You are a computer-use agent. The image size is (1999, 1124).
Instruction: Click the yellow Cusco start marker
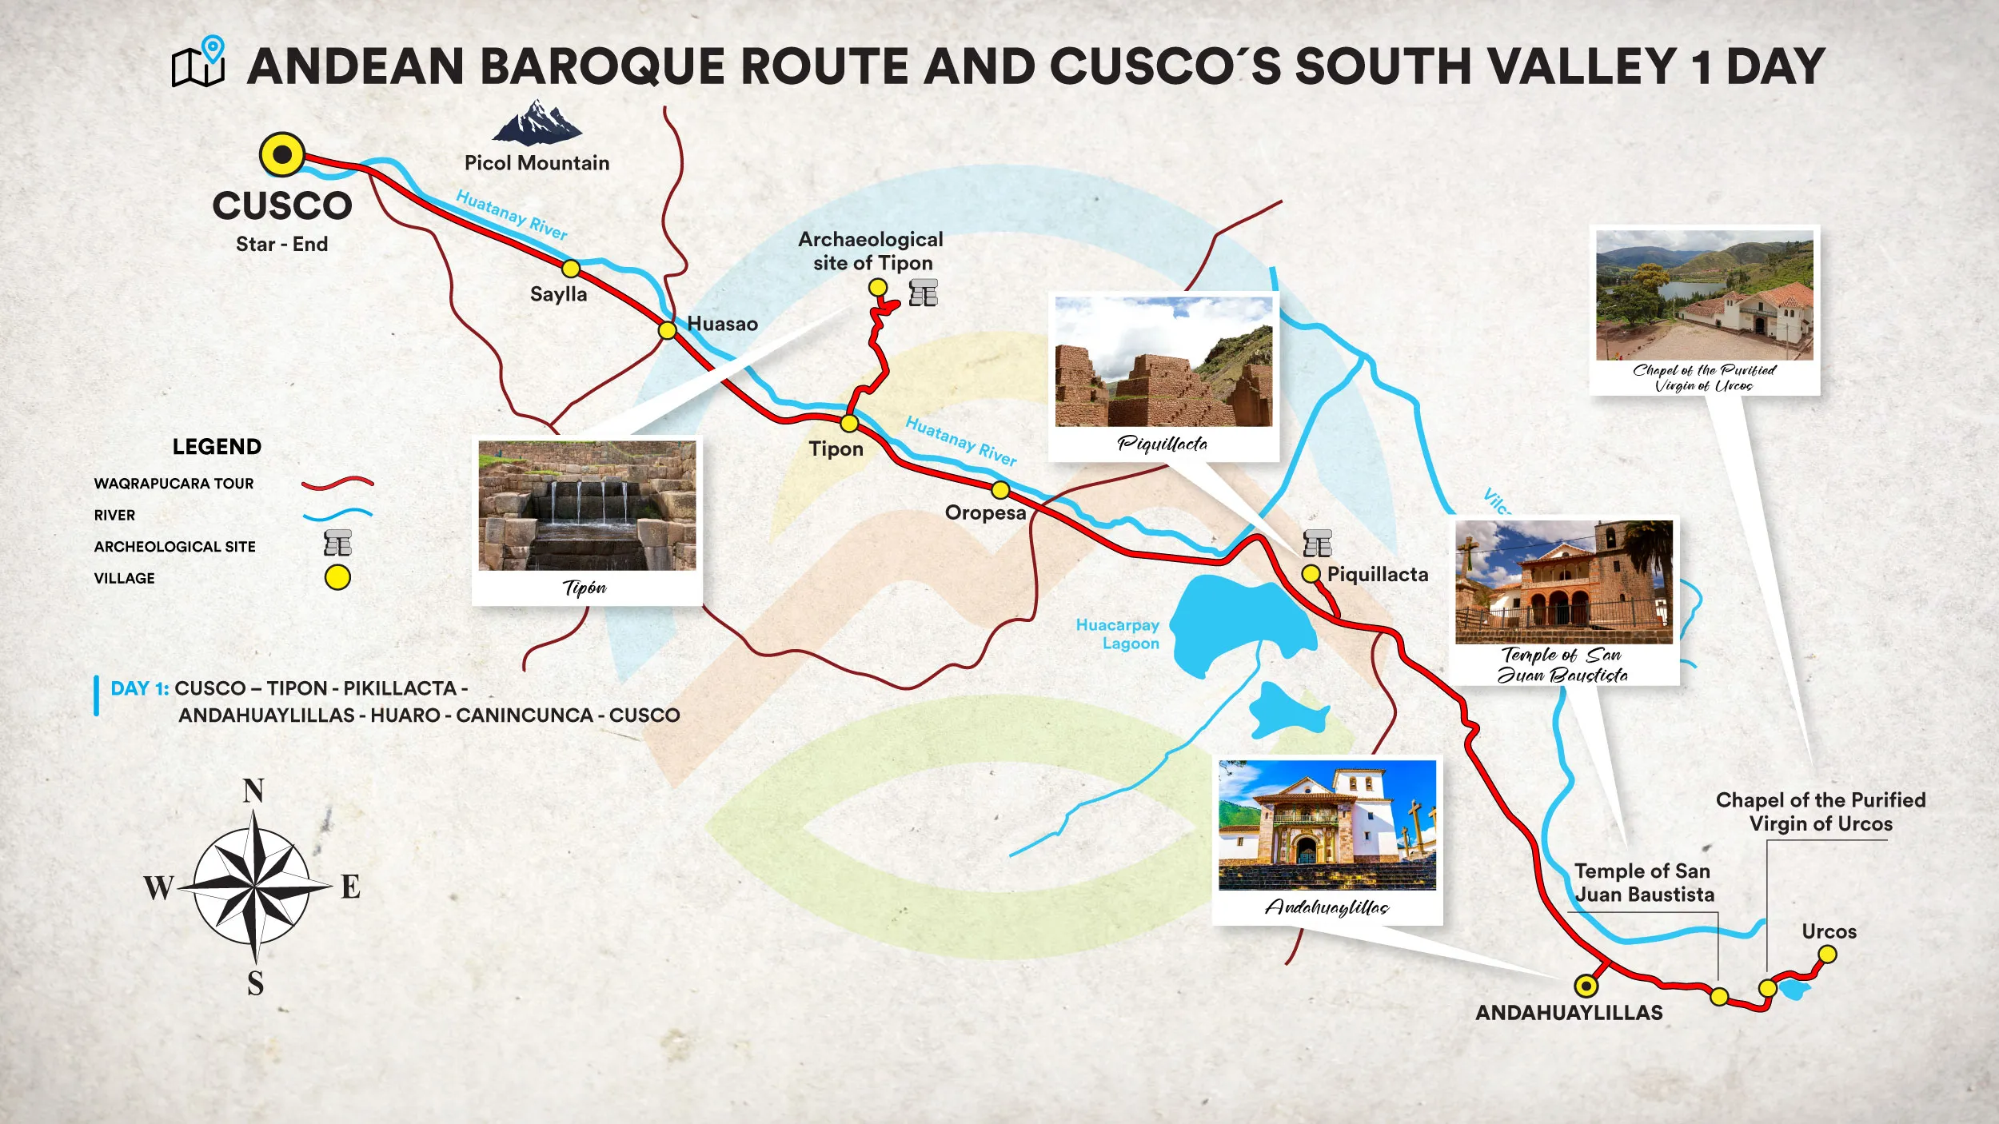[282, 154]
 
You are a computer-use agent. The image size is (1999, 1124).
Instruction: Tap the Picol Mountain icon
[537, 122]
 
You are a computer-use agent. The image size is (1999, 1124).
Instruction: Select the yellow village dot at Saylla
[571, 268]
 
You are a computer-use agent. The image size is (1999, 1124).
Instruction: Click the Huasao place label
[722, 324]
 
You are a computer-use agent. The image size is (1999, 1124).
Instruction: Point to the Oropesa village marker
[1000, 489]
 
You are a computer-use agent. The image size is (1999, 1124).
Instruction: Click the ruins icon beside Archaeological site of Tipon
[924, 293]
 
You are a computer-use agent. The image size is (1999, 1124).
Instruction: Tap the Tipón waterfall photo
[587, 505]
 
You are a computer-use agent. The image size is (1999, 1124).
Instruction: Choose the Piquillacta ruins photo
[1163, 362]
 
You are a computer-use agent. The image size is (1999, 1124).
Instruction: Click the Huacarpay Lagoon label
[1118, 634]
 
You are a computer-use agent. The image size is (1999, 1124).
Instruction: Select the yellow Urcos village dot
[1827, 954]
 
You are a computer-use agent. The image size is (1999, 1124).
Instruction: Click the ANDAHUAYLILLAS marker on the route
[1586, 986]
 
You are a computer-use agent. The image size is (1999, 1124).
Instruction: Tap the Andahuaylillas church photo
[1327, 825]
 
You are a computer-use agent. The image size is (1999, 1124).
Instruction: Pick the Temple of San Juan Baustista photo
[1564, 582]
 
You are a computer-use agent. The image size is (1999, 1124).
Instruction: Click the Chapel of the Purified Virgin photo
[1705, 296]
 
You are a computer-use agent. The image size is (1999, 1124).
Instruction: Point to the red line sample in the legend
[337, 483]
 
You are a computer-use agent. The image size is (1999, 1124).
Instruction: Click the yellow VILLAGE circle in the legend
[337, 577]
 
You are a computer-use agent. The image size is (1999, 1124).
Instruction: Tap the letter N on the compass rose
[253, 791]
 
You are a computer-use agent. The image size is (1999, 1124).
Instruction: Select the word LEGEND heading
[217, 447]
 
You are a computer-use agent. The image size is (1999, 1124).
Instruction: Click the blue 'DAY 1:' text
[140, 688]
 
